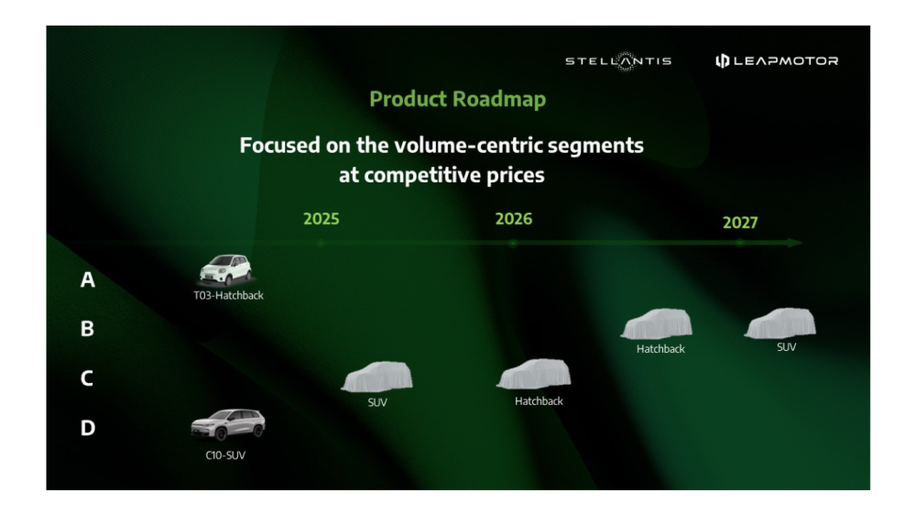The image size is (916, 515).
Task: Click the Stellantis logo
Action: tap(618, 60)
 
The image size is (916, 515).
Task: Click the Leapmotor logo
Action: tap(777, 60)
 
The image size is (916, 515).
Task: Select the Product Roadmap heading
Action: tap(457, 99)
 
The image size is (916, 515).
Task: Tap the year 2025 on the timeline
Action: tap(322, 219)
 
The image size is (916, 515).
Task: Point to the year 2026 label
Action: tap(514, 219)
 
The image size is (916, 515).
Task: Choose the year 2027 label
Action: tap(740, 223)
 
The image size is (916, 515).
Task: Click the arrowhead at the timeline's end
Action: tap(795, 243)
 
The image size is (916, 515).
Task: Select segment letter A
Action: tap(88, 280)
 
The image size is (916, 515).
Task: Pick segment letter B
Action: tap(87, 329)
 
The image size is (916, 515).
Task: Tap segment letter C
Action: tap(86, 378)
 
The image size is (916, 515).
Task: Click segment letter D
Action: tap(88, 428)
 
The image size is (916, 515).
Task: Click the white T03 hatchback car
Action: tap(225, 269)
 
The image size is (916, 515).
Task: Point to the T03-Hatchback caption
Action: tap(228, 296)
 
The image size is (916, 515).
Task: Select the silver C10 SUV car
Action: tap(228, 424)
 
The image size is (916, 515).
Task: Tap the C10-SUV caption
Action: tap(225, 455)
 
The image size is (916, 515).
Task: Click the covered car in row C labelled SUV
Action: tap(376, 377)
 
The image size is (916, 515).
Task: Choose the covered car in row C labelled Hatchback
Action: tap(533, 374)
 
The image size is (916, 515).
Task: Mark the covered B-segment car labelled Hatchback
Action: tap(657, 323)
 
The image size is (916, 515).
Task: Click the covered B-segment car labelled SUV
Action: tap(780, 323)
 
